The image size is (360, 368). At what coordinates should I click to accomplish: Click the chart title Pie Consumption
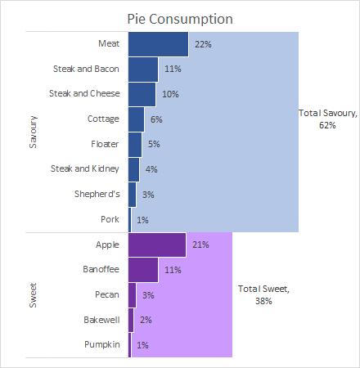point(180,20)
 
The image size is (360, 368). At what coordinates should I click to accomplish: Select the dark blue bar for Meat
point(158,44)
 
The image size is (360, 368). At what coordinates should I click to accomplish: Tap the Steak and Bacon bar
point(143,70)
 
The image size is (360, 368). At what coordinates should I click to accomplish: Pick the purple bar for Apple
point(157,245)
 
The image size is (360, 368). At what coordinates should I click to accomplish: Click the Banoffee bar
point(143,270)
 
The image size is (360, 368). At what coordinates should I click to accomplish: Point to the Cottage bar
point(136,119)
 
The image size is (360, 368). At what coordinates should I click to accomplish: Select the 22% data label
point(203,44)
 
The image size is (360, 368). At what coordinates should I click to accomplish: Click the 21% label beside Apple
point(200,245)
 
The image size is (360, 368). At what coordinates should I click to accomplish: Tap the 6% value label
point(156,119)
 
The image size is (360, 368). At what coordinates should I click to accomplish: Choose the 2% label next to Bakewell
point(146,320)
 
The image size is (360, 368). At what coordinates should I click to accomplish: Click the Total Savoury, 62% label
point(328,119)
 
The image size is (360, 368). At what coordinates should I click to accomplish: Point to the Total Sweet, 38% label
point(263,294)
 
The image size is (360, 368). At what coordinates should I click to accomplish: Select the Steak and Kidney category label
point(85,168)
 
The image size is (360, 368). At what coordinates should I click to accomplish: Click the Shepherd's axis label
point(97,194)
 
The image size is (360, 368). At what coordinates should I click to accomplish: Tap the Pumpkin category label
point(102,344)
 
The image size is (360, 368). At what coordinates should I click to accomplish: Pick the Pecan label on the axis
point(107,294)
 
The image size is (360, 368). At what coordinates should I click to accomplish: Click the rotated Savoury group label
point(33,132)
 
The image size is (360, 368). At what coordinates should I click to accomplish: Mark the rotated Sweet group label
point(33,295)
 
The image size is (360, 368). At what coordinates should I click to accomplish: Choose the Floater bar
point(135,145)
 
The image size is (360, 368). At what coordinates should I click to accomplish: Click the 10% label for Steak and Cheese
point(170,94)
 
